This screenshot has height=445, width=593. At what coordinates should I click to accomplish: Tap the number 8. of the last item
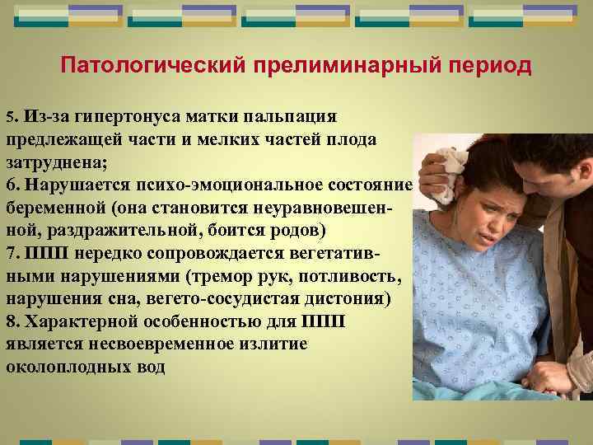click(x=13, y=321)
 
